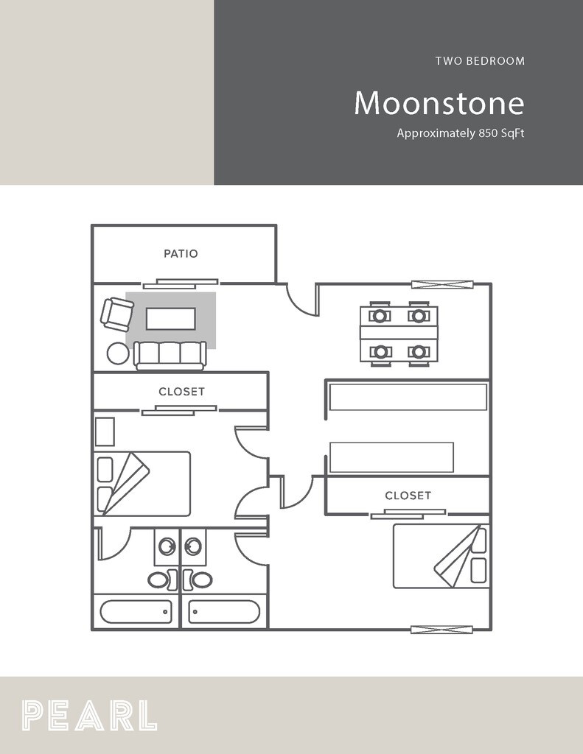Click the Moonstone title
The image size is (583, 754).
(439, 103)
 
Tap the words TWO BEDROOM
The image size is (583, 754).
(480, 61)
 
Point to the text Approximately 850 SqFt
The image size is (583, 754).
(460, 134)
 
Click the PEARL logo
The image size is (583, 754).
(89, 715)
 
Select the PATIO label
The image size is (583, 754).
(181, 253)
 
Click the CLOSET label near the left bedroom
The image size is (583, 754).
(181, 392)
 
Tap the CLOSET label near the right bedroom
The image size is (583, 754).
(408, 496)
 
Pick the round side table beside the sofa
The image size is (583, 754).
(118, 354)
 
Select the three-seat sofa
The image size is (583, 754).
(170, 354)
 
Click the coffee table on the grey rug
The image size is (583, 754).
(171, 319)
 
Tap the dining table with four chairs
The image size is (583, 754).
(399, 334)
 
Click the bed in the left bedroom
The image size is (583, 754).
(143, 483)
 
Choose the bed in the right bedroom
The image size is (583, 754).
(441, 555)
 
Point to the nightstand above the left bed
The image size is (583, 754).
(105, 431)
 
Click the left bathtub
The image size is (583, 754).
(136, 611)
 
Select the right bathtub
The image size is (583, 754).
(224, 611)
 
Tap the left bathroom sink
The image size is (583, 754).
(167, 546)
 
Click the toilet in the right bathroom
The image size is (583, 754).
(201, 579)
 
